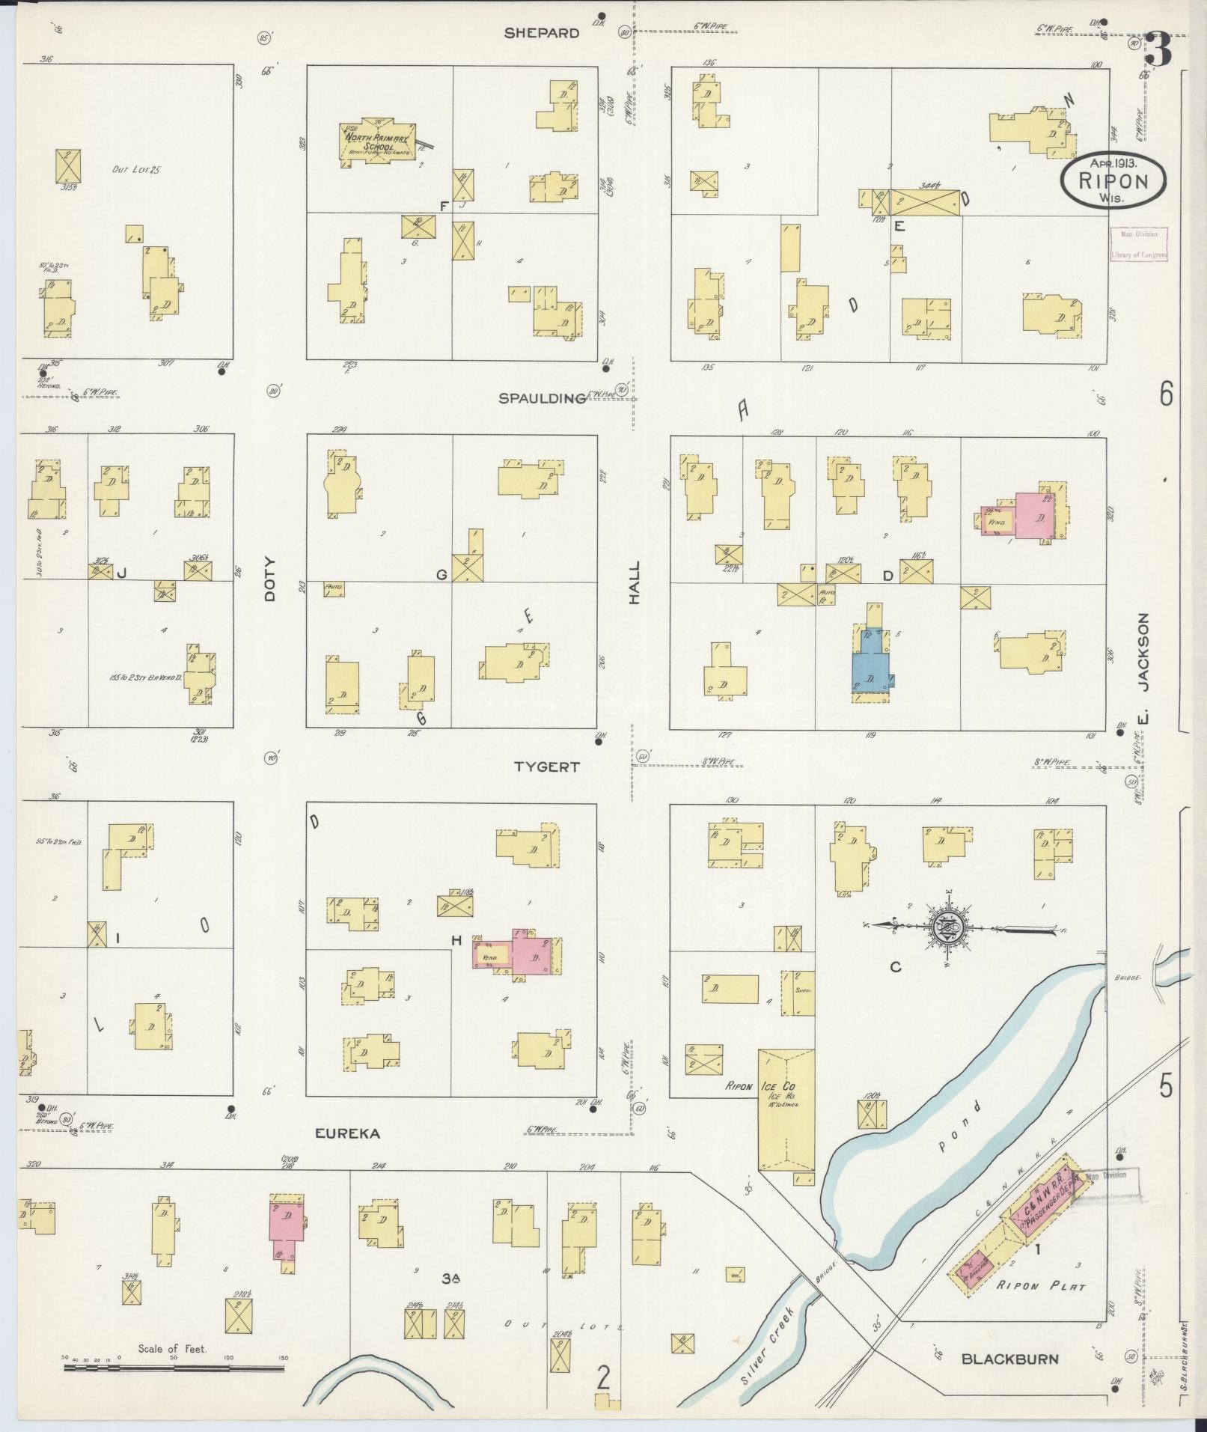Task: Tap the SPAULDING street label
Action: point(543,398)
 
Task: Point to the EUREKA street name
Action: point(347,1154)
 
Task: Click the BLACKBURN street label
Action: point(1009,1358)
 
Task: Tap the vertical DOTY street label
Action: point(270,579)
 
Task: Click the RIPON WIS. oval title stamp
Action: point(1113,178)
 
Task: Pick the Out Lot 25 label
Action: point(137,170)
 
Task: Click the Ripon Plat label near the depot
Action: point(1039,1287)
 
